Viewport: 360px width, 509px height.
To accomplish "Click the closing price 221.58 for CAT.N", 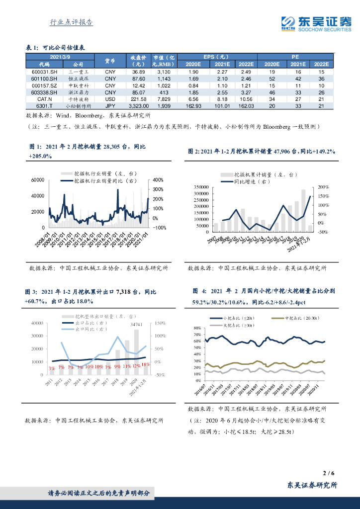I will [x=135, y=99].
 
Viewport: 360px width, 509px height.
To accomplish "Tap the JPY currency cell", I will [x=110, y=106].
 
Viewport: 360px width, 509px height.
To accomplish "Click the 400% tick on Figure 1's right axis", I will [x=158, y=180].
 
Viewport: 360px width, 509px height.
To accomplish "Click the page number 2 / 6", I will [x=327, y=473].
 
